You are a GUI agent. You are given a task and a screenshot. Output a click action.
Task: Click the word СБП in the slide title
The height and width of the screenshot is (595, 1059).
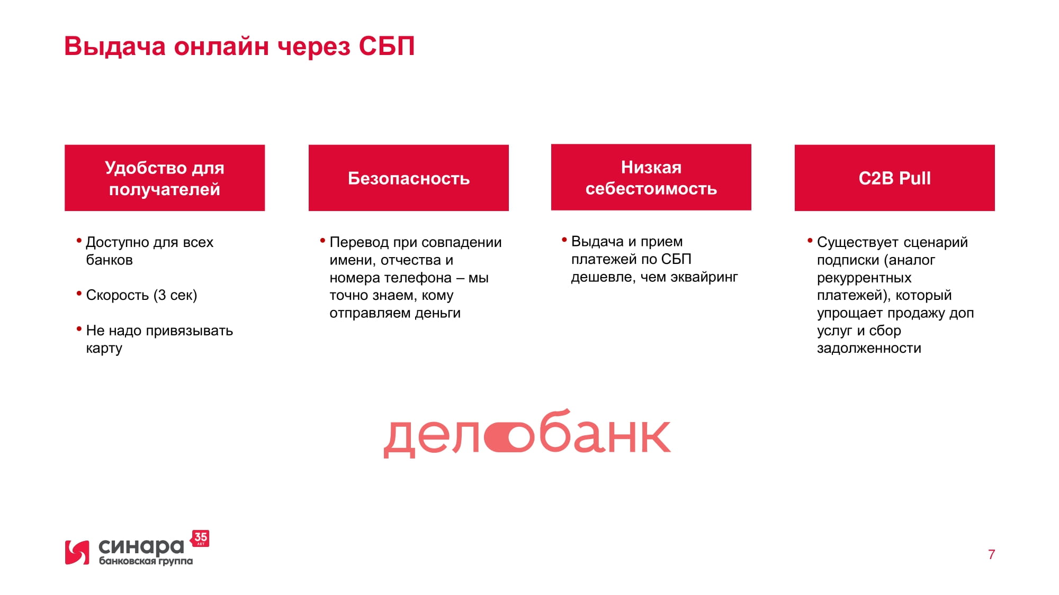pyautogui.click(x=387, y=46)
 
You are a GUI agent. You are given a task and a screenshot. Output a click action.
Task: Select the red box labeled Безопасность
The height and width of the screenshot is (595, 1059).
pyautogui.click(x=408, y=178)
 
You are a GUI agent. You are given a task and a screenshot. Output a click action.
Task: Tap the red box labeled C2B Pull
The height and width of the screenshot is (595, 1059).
pyautogui.click(x=894, y=178)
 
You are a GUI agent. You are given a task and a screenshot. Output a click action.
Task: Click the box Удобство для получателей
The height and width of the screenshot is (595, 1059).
pyautogui.click(x=165, y=178)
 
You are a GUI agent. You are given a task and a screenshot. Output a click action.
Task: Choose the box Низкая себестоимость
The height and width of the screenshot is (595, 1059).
pyautogui.click(x=651, y=177)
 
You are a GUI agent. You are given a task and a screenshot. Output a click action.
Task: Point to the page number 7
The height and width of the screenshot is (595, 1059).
pyautogui.click(x=991, y=554)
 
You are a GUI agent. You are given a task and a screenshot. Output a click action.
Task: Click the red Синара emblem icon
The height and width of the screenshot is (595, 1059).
pyautogui.click(x=77, y=552)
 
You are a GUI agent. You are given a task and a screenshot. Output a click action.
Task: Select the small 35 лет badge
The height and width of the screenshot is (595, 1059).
pyautogui.click(x=200, y=538)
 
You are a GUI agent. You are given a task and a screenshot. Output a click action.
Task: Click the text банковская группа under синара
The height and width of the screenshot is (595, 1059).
pyautogui.click(x=146, y=561)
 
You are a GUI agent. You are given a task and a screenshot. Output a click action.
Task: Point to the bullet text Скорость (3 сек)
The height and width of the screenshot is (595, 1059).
pyautogui.click(x=141, y=295)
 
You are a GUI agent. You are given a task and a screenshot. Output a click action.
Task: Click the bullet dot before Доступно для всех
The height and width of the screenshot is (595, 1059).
pyautogui.click(x=79, y=241)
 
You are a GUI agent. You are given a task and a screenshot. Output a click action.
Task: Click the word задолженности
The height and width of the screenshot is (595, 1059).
pyautogui.click(x=869, y=348)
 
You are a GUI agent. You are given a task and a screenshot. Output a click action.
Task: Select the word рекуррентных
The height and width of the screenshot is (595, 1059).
pyautogui.click(x=864, y=278)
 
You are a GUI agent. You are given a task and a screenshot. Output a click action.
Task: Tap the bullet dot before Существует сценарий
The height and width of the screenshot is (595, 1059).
pyautogui.click(x=810, y=241)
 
